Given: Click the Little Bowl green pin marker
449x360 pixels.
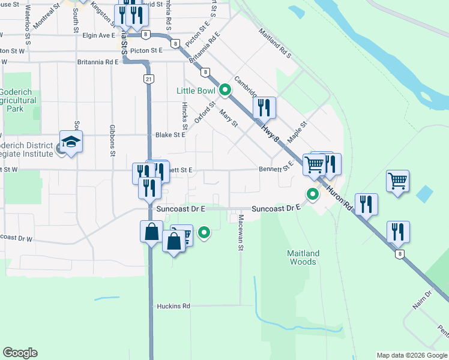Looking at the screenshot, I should [x=225, y=91].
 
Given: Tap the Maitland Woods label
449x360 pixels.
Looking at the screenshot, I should [x=303, y=257].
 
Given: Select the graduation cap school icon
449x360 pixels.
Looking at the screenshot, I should [x=71, y=143].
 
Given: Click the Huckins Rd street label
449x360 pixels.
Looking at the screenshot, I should [x=173, y=306].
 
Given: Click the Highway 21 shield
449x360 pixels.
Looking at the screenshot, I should [x=148, y=79].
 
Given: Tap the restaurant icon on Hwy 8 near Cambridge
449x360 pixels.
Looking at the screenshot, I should [x=264, y=107].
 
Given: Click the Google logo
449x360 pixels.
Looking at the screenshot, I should [x=20, y=353].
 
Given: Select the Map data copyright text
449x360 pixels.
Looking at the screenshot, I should [x=411, y=355].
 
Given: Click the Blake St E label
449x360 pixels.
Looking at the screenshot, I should [x=170, y=135].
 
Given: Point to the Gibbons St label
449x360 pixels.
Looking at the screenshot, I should [x=112, y=141].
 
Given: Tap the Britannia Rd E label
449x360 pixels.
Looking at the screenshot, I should [x=98, y=62].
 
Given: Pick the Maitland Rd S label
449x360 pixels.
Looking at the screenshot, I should [x=275, y=43].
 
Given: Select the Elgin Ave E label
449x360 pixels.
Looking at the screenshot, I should [x=98, y=35].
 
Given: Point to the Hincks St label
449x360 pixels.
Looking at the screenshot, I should [x=185, y=115].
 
